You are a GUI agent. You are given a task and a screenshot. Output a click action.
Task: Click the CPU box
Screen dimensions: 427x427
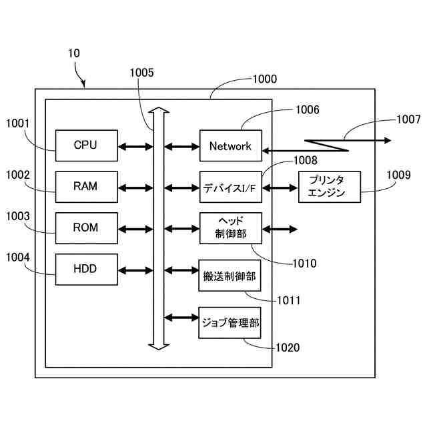coord(85,145)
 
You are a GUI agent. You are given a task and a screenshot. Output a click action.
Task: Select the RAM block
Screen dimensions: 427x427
coord(85,187)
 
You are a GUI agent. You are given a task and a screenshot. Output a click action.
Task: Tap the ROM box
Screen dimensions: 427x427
coord(85,228)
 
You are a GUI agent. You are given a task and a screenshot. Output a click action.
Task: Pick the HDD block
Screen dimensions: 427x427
coord(85,270)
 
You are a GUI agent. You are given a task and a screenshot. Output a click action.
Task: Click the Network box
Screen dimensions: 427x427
coord(230,146)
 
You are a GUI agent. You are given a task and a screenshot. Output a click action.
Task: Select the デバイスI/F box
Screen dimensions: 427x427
coord(230,187)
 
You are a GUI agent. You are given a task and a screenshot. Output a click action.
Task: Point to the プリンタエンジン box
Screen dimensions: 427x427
coord(329,187)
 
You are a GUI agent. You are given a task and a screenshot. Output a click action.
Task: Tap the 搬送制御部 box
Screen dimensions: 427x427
coord(230,275)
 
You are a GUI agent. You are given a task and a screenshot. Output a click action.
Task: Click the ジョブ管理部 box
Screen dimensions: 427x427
coord(230,323)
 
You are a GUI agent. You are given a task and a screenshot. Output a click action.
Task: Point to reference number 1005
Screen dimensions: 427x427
coord(142,73)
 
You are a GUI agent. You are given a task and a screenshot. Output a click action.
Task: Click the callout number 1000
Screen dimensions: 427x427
coord(264,79)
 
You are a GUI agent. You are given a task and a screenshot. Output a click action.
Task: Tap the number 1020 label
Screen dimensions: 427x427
coord(288,348)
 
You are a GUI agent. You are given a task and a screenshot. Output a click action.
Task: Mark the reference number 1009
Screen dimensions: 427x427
coord(399,175)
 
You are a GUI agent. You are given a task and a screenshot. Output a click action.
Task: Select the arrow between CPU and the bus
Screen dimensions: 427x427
coord(135,145)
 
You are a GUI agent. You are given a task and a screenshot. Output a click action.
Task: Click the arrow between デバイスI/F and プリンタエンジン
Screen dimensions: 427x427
coord(280,187)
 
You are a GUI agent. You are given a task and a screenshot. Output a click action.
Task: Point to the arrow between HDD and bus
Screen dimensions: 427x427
coord(135,270)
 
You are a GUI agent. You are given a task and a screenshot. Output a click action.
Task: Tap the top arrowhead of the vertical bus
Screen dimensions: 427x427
coord(157,110)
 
